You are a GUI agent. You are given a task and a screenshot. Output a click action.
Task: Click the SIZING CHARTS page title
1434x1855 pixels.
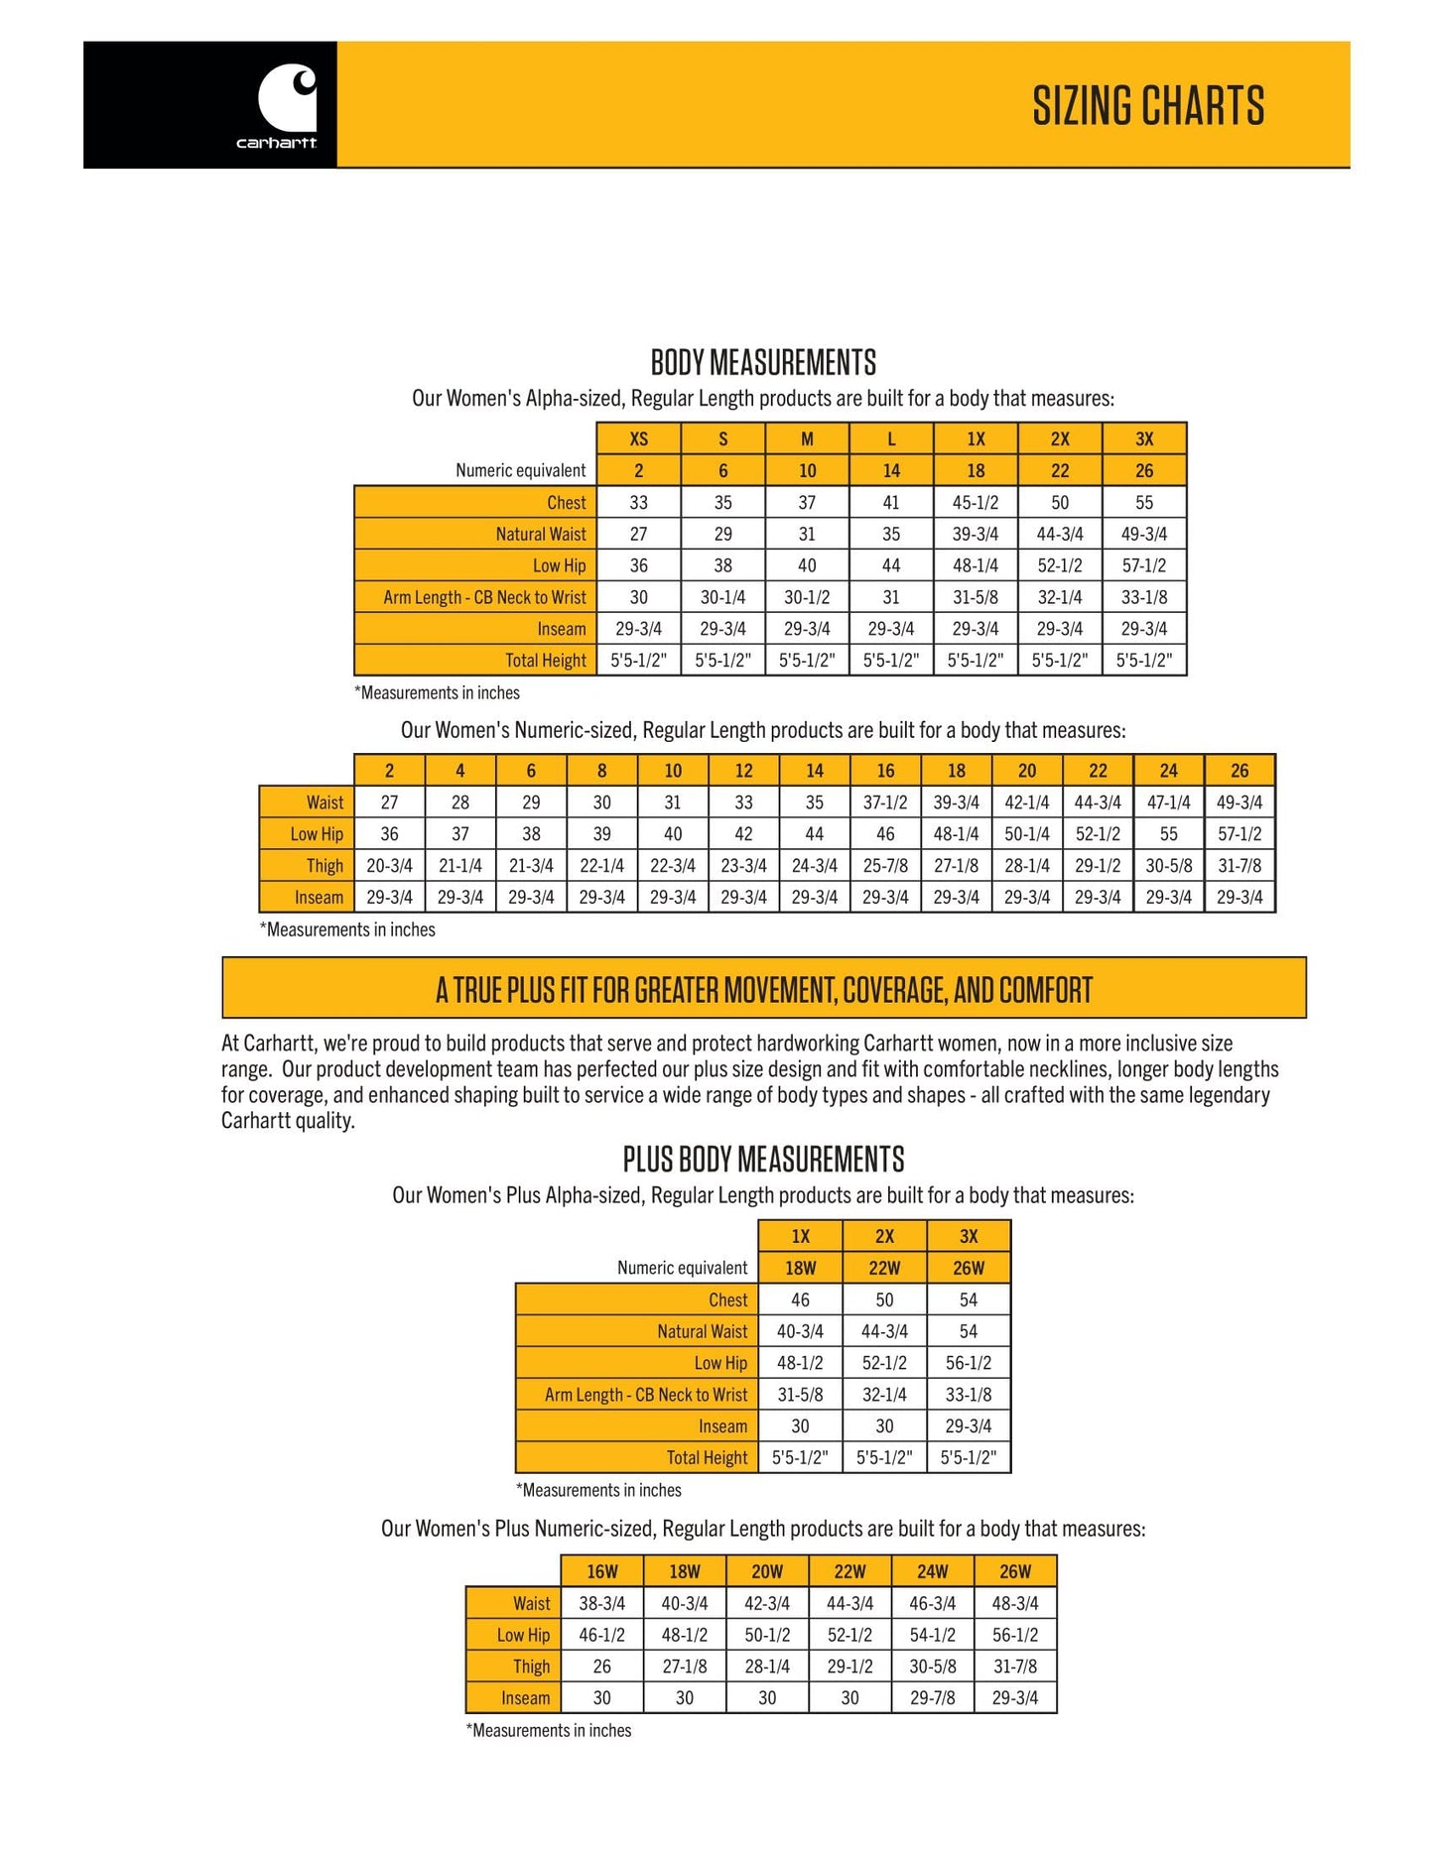[1148, 106]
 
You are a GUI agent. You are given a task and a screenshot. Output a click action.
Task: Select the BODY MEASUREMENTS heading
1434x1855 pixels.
[763, 363]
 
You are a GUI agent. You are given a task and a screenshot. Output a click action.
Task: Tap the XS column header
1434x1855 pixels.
[639, 439]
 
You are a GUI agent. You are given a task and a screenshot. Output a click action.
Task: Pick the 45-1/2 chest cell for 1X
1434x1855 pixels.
[976, 503]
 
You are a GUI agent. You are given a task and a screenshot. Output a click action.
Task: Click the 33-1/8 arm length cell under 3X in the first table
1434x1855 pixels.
[1144, 597]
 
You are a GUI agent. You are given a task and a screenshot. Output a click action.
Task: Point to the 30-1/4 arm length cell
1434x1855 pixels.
[722, 597]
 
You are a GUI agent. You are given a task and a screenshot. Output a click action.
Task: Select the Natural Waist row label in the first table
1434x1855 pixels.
[541, 535]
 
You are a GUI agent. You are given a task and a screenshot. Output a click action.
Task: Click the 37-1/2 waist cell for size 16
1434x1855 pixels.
[885, 803]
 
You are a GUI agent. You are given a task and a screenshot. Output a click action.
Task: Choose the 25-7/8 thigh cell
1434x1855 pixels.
[885, 866]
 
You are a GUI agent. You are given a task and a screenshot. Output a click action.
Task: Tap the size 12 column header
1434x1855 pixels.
[743, 771]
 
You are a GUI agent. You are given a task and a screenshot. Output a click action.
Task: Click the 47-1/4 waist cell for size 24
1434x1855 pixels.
[1168, 803]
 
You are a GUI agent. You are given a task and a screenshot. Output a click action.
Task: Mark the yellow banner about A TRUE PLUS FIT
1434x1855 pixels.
[763, 989]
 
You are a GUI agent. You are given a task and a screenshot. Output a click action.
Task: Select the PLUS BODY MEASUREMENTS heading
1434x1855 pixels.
[763, 1160]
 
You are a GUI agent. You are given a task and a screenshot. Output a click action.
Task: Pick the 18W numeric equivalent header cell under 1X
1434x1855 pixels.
[800, 1269]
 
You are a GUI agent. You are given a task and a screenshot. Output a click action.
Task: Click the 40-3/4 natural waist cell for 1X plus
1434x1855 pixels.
[800, 1332]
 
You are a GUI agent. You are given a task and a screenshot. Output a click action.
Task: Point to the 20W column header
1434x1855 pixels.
[767, 1572]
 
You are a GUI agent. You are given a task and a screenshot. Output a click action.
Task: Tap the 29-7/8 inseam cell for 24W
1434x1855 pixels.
[932, 1698]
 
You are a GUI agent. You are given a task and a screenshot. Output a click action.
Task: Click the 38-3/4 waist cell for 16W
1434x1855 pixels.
[601, 1604]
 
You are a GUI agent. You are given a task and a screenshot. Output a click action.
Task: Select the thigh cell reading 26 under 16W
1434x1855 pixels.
[601, 1667]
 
